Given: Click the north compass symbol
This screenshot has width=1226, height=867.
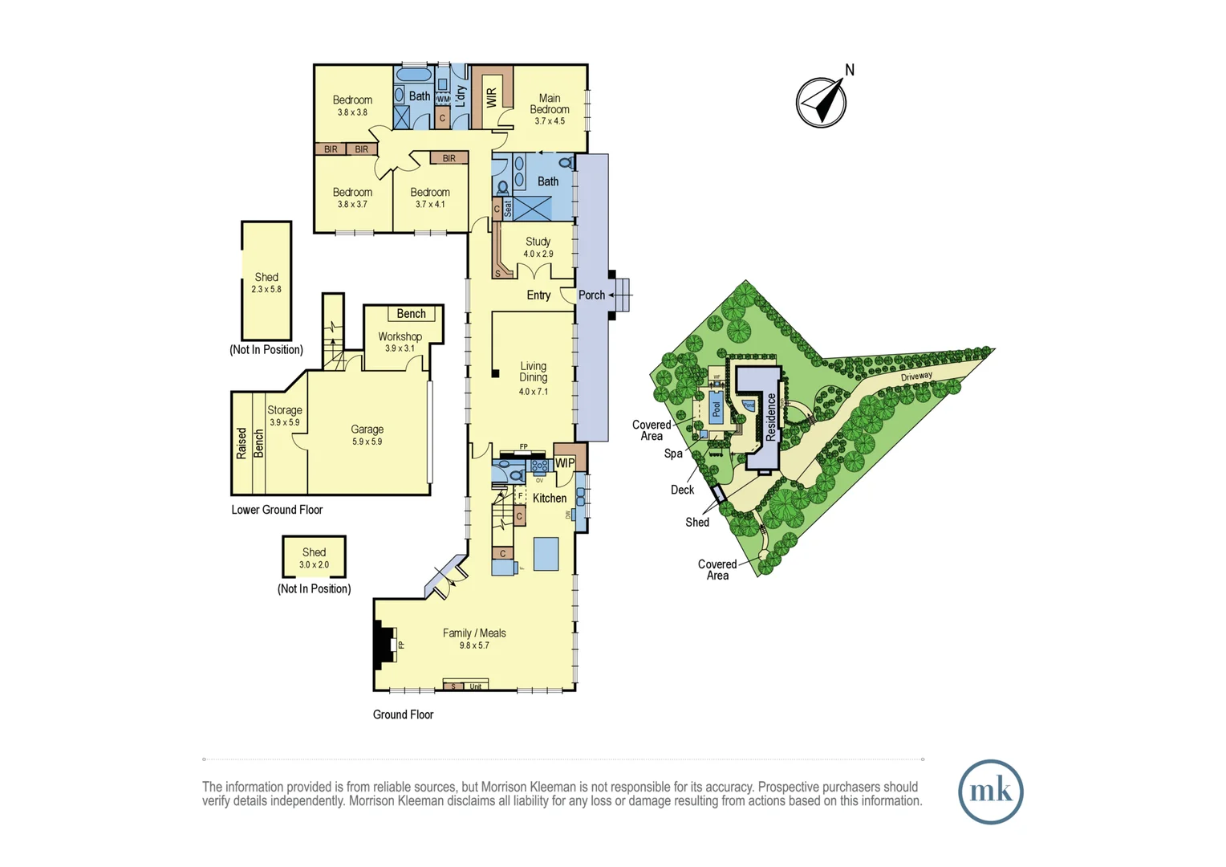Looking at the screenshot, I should pos(822,102).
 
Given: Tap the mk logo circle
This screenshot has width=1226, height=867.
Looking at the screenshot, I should pos(990,792).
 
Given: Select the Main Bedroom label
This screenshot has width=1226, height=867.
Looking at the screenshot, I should pos(550,104).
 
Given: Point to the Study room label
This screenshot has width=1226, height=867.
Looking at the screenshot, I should pos(538,242).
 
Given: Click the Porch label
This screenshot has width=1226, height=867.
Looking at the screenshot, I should pos(591,295).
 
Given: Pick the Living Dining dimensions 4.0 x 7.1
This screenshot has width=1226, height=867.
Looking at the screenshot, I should pos(533,392).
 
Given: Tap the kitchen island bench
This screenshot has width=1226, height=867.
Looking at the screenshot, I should pos(546,554).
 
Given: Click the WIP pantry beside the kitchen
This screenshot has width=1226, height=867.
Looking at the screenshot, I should pos(565,463).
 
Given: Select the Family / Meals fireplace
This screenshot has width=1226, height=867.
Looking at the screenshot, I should pos(386,645).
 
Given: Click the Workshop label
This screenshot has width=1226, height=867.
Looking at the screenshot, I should pos(400,336).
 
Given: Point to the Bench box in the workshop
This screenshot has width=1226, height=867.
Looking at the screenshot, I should pos(411,314).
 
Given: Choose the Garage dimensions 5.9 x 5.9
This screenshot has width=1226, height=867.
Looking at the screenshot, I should pos(367,442).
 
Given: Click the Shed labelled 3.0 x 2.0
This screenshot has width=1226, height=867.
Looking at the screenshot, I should pos(314,557).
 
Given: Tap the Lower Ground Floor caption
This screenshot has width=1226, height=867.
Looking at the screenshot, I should pos(277,510).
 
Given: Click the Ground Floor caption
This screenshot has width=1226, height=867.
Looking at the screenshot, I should pos(403,714).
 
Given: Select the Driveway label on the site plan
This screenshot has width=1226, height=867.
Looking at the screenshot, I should pos(916,377).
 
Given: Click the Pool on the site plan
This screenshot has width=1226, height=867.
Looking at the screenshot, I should pos(717,409).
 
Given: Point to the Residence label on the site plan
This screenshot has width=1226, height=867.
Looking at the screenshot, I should pos(771,417).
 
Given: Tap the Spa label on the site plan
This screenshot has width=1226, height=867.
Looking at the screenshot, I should pos(673,454).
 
